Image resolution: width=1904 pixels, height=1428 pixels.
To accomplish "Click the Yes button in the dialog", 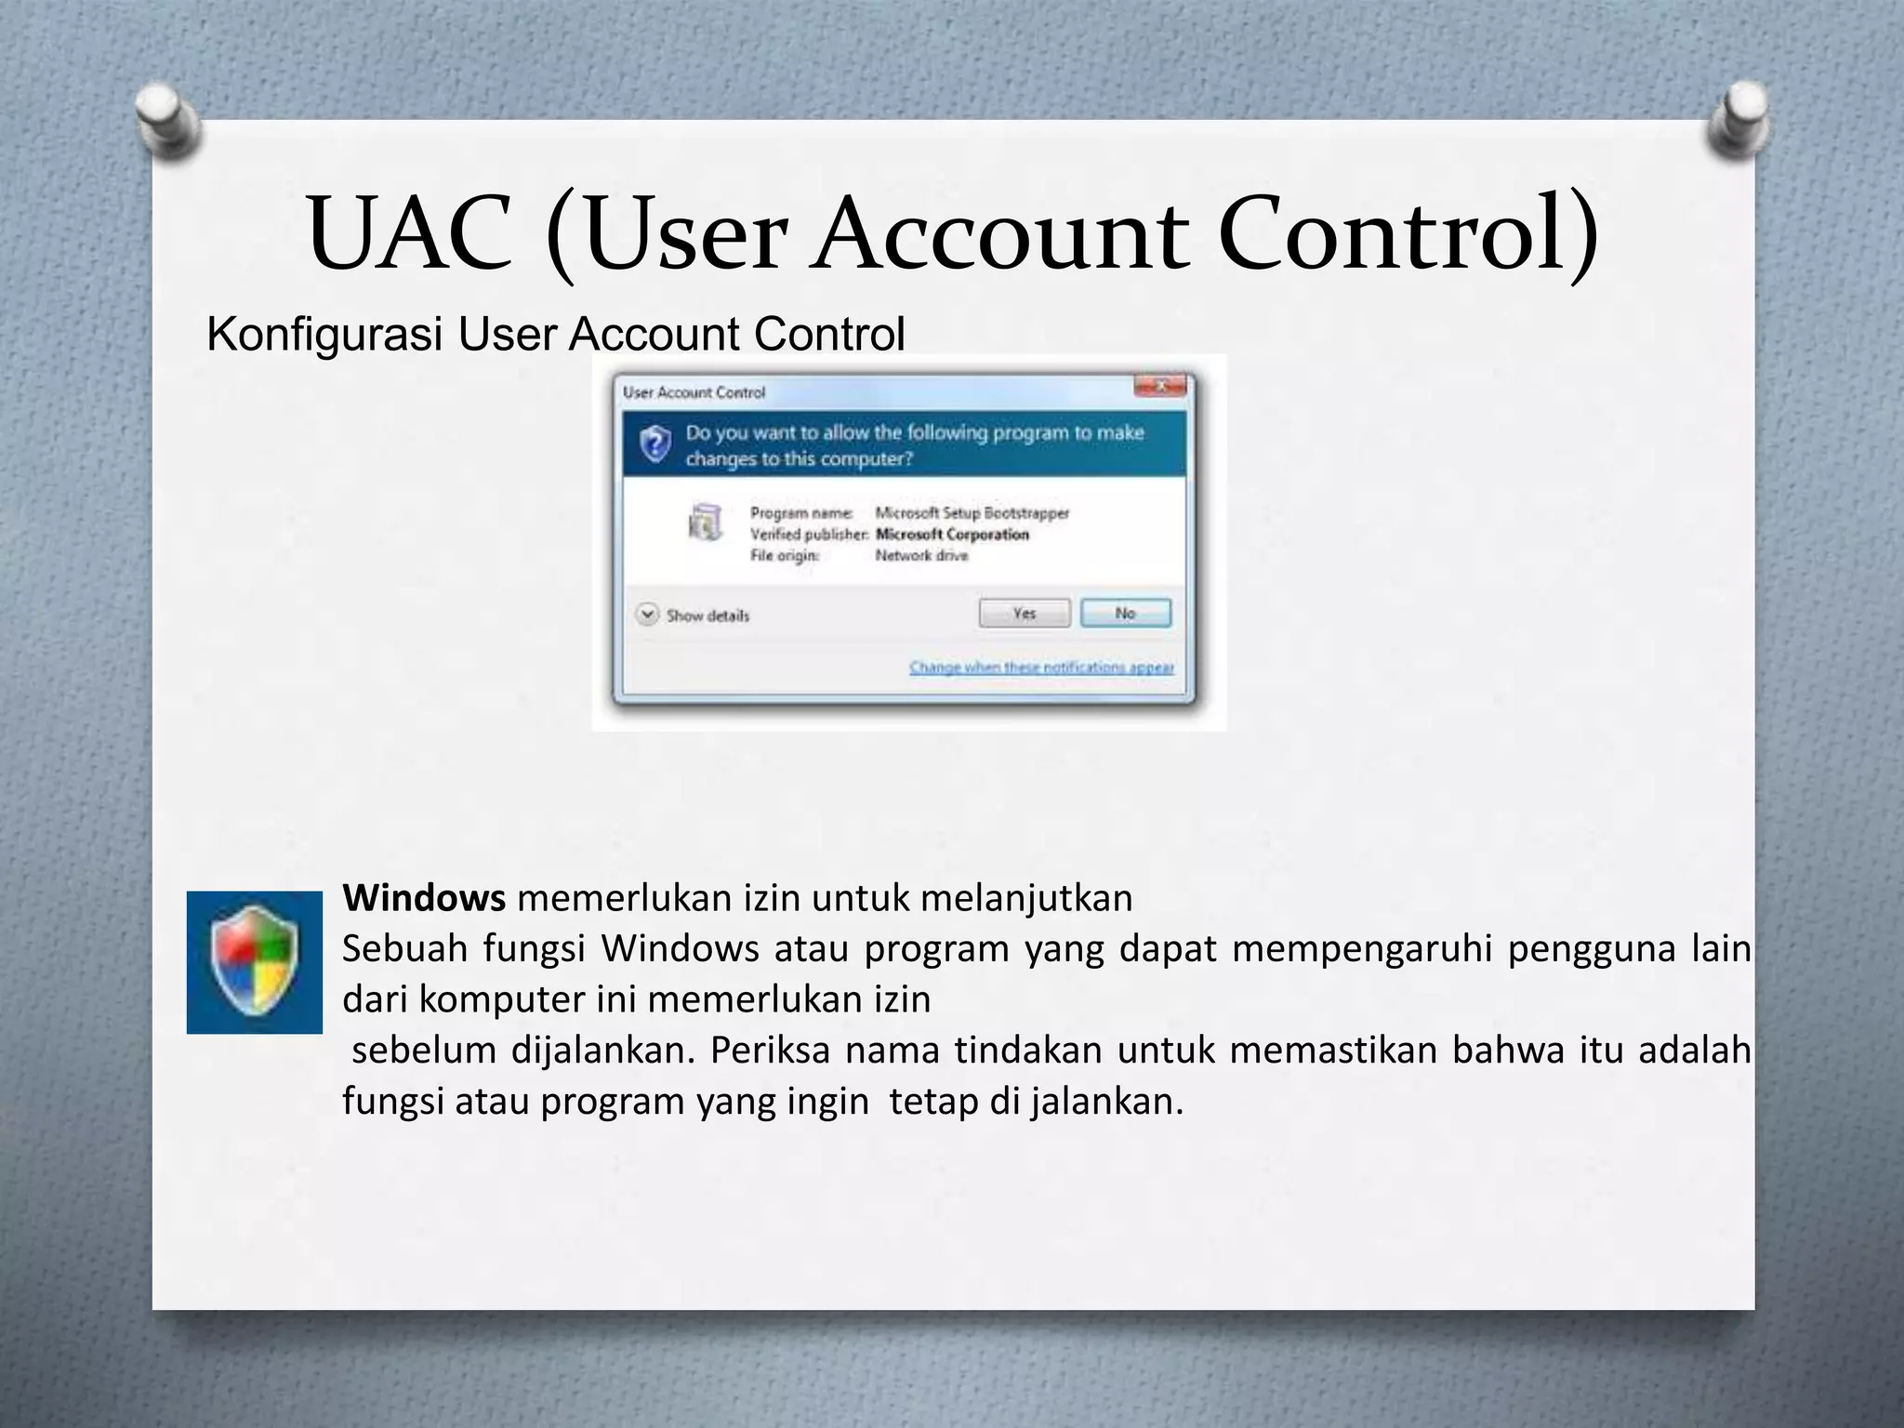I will pos(1024,614).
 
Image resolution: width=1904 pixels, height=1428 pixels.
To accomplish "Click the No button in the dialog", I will pos(1125,614).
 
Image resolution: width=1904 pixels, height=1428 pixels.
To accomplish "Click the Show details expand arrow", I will pos(647,615).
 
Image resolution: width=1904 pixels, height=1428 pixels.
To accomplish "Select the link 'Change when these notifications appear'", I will pos(1041,668).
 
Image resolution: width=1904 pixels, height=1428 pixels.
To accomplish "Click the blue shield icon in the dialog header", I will pos(655,444).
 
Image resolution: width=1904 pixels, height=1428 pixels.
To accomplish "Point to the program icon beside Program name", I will pos(705,522).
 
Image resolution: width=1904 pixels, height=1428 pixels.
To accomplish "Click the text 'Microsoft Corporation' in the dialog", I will pos(952,535).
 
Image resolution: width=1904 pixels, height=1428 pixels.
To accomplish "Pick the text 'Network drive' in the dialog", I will pos(921,556).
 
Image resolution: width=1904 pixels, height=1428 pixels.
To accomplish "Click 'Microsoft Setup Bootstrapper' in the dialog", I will pos(972,513).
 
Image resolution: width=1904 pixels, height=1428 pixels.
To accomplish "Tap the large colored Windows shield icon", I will pos(254,962).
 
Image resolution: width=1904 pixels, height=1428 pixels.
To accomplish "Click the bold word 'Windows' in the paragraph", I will pos(424,898).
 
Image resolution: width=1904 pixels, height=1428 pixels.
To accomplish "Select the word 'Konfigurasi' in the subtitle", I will pos(324,334).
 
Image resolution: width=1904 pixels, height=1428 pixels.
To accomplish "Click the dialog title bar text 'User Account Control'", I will pos(694,392).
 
